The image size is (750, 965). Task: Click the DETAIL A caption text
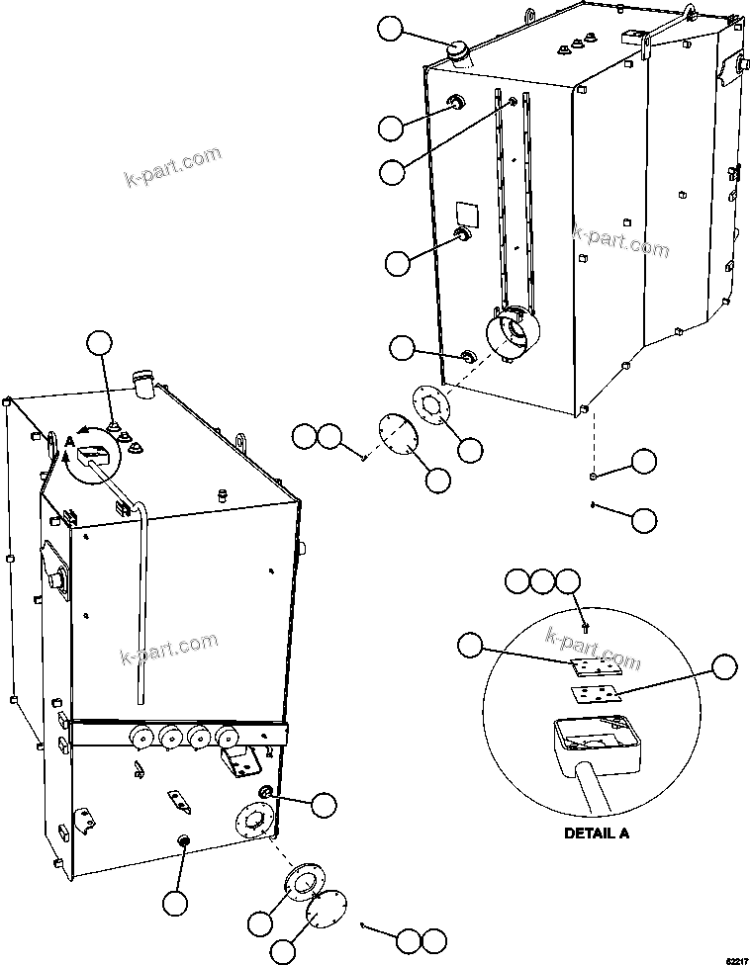coord(596,833)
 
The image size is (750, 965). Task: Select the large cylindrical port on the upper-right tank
coord(515,337)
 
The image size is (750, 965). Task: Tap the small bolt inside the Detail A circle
coord(587,625)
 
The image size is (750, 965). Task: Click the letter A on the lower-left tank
coord(68,442)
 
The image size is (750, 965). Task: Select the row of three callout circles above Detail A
coord(542,581)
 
